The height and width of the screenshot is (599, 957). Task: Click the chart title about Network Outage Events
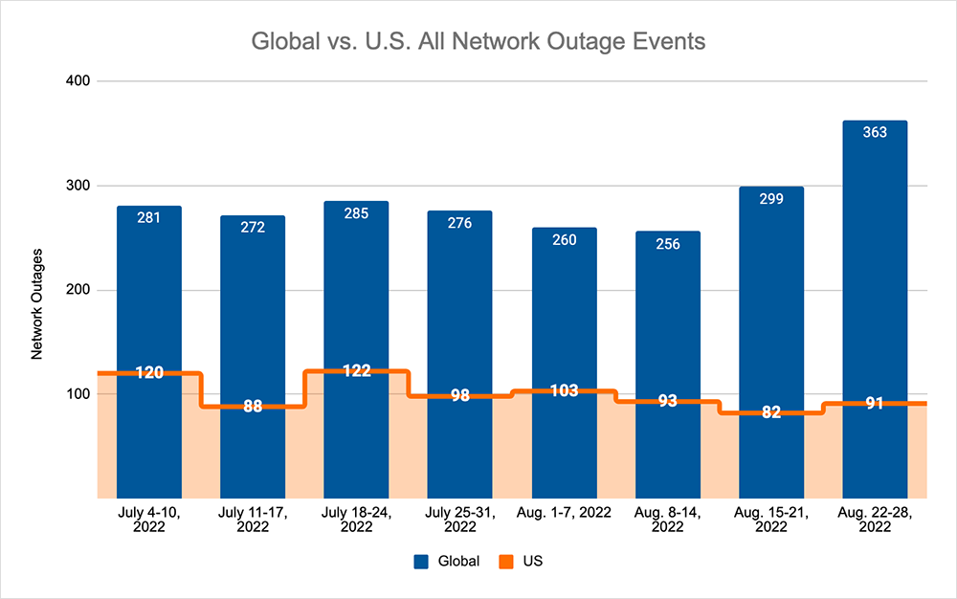(478, 42)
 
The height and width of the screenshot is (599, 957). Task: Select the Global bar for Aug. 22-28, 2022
(875, 287)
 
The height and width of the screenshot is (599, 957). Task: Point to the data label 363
(875, 132)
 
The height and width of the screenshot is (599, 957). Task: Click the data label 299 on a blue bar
(771, 199)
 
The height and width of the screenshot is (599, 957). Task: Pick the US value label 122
(356, 371)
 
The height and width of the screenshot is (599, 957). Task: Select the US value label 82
(771, 412)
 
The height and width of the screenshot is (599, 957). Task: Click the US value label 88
(253, 407)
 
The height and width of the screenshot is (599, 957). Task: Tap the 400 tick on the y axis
(78, 81)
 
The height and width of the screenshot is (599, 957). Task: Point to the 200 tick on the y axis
(78, 290)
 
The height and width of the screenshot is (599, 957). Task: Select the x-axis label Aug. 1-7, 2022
(564, 514)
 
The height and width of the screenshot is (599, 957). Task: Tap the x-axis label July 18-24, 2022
(356, 521)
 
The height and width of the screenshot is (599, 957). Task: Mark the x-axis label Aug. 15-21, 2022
(771, 521)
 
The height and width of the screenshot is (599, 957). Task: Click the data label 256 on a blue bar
(668, 244)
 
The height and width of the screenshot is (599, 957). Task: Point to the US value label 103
(564, 390)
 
